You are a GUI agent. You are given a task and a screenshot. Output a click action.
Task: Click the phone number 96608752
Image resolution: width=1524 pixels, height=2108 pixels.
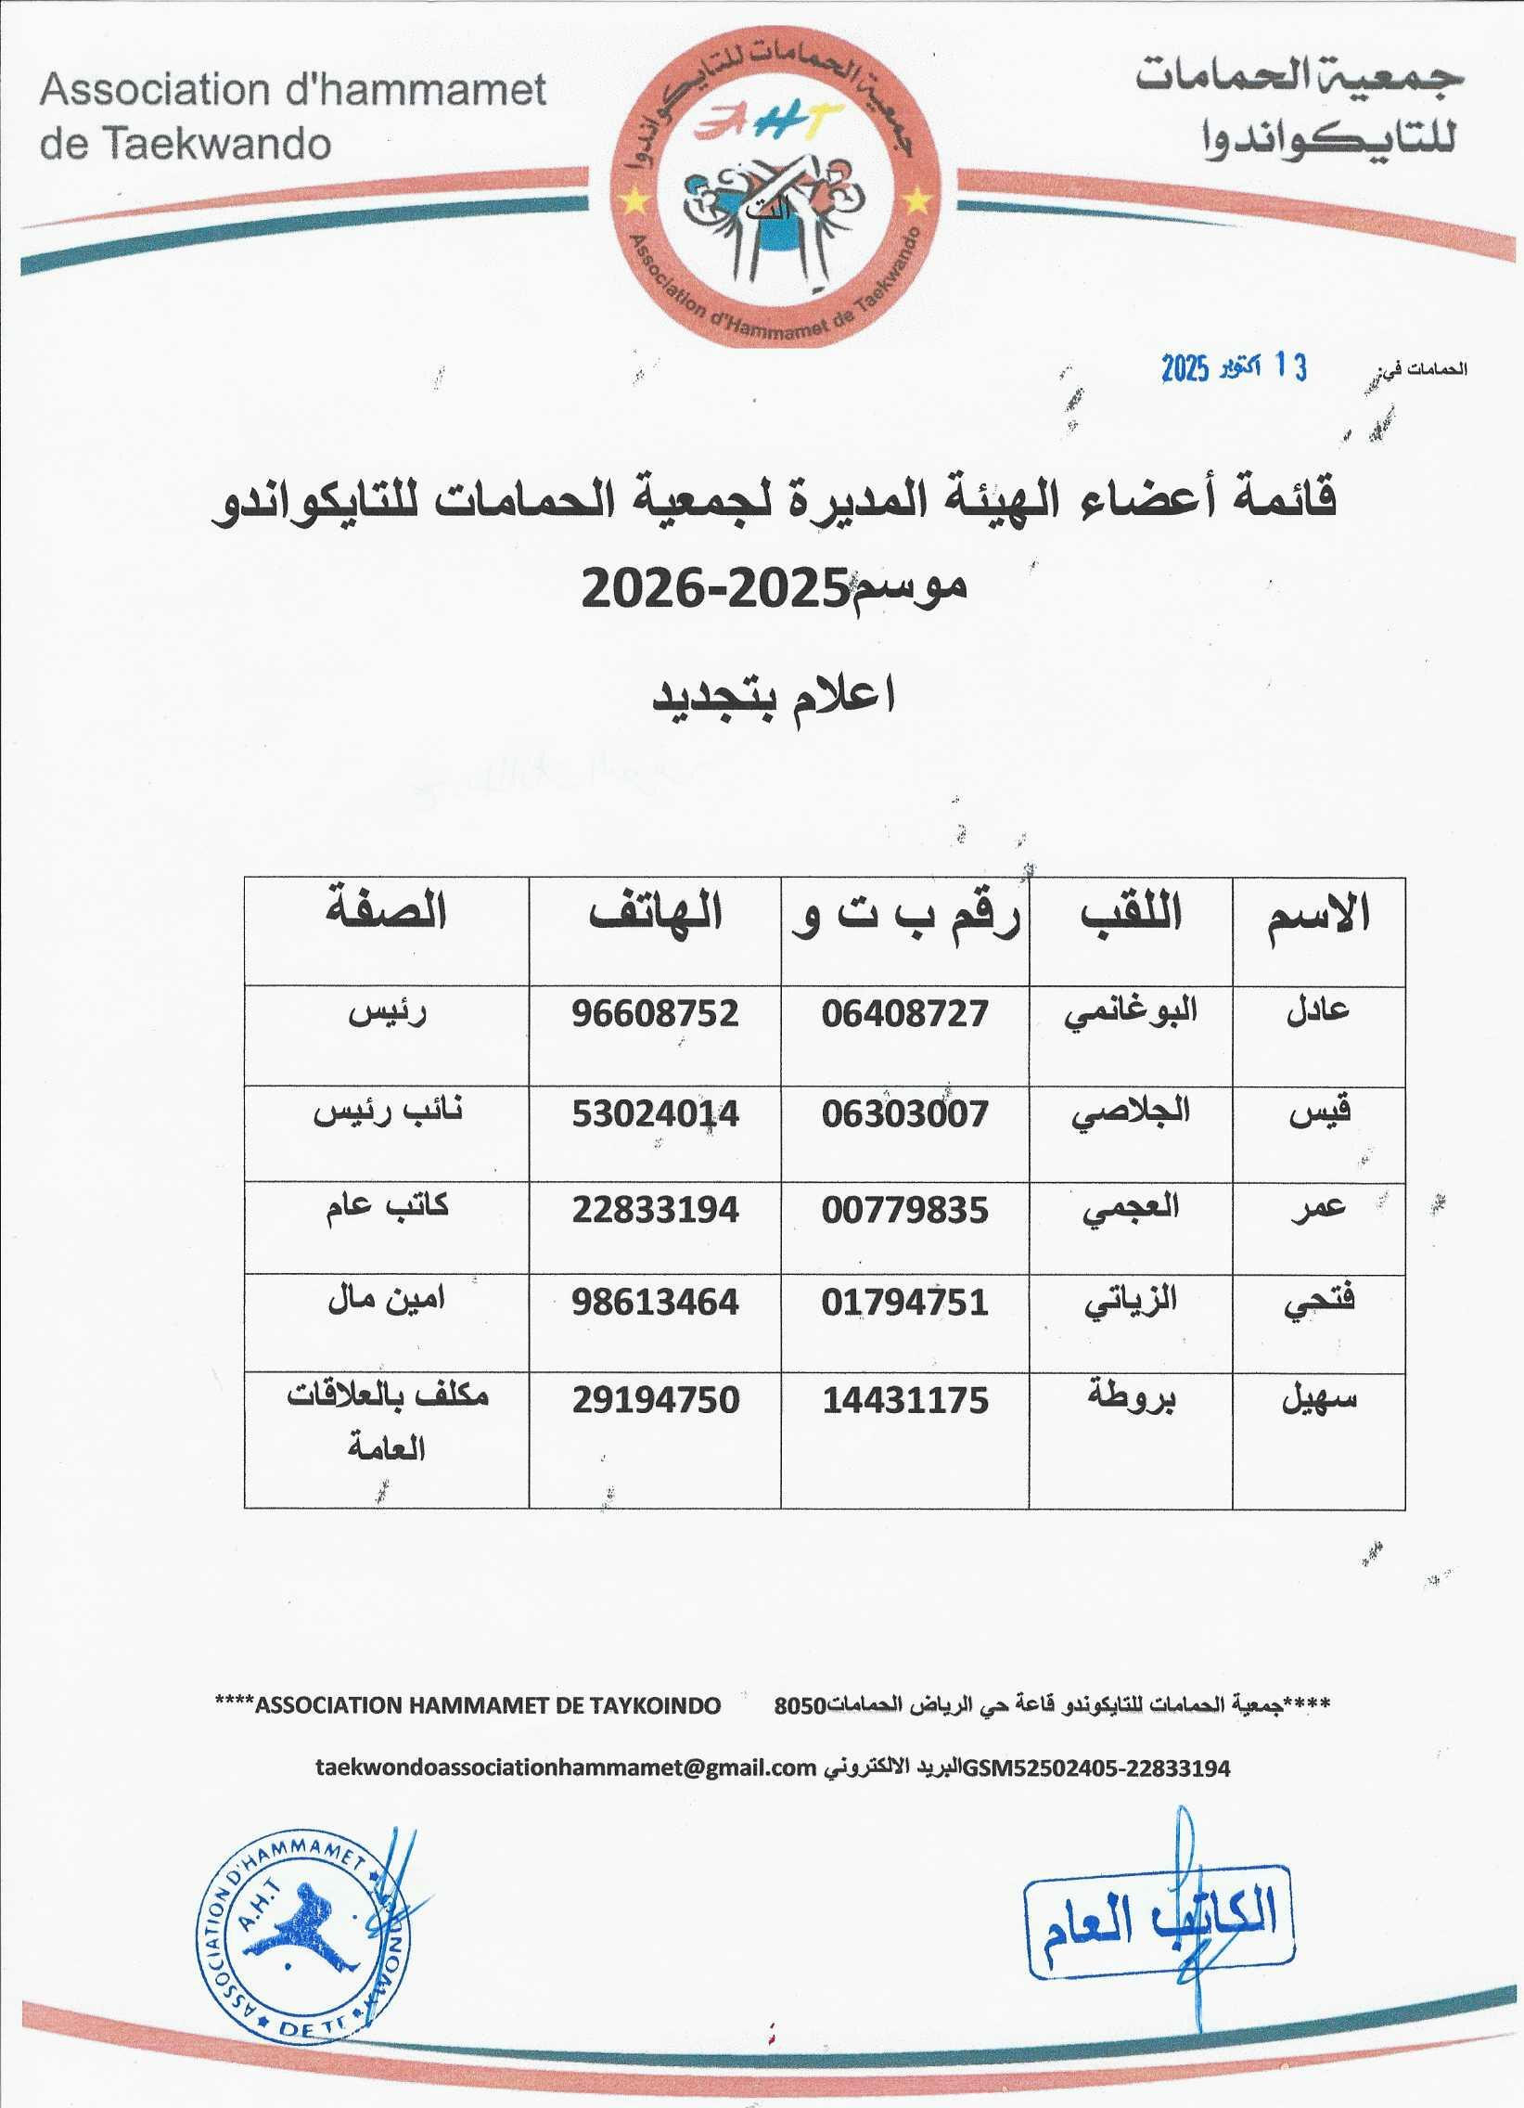655,1013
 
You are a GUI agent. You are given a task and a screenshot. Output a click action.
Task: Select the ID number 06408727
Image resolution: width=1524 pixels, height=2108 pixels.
904,1013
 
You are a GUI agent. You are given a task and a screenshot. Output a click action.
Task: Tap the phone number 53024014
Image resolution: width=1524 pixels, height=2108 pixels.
655,1113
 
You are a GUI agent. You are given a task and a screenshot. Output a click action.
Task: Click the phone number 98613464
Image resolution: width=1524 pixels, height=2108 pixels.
655,1302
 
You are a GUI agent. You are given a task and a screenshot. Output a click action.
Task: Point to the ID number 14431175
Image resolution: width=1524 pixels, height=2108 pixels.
905,1400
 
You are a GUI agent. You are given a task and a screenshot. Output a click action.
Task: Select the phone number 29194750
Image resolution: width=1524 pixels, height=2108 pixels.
655,1400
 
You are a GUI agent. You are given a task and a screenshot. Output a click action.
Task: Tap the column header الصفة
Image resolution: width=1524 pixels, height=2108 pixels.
387,912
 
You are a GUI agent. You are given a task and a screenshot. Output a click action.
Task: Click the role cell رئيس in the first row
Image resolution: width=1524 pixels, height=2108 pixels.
387,1012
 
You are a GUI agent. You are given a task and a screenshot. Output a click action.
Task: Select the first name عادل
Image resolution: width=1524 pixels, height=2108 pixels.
1317,1011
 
